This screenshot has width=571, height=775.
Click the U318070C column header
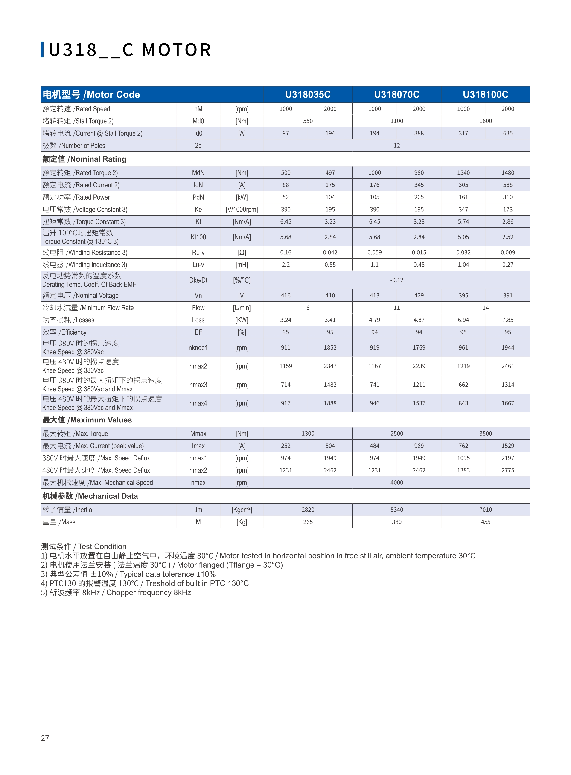396,94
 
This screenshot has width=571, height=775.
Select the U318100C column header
485,94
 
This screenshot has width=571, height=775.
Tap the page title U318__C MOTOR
130,50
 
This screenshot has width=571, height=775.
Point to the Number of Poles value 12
396,146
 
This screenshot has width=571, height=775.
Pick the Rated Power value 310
507,197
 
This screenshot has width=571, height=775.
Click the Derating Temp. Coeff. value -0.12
396,280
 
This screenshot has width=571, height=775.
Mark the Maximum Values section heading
87,420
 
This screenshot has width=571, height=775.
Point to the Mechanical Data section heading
90,496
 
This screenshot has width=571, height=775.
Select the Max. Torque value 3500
485,434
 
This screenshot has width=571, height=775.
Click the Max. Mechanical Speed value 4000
396,483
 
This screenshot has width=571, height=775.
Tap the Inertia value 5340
396,510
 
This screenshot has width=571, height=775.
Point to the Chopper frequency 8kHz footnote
116,592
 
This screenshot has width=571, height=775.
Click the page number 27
45,738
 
